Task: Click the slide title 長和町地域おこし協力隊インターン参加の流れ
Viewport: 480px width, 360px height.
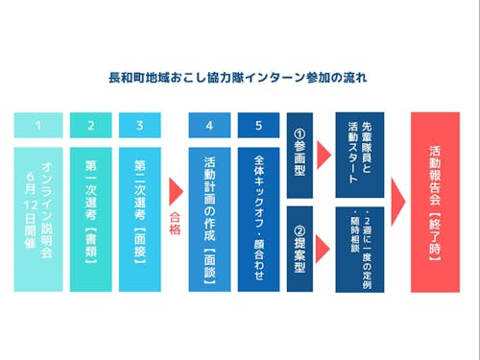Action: pos(240,74)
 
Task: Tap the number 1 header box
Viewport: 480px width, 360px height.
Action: pos(37,125)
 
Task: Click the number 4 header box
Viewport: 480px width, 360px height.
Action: pos(209,125)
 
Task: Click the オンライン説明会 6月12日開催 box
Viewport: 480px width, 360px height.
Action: pos(37,218)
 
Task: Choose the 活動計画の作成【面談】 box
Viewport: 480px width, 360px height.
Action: pos(209,218)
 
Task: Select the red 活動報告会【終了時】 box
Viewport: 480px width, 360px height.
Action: pos(434,202)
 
